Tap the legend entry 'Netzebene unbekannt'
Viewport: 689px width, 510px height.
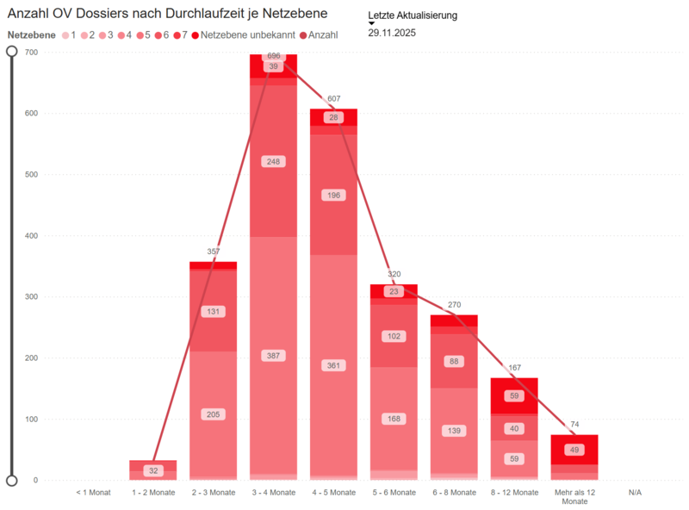point(245,35)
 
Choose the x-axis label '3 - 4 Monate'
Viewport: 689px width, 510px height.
point(274,493)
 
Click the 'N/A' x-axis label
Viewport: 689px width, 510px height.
point(635,493)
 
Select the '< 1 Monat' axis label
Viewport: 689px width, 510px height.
point(93,493)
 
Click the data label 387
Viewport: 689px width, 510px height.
point(274,356)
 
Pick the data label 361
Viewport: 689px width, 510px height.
point(334,365)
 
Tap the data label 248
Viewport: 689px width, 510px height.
point(274,161)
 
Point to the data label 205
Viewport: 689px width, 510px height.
point(214,414)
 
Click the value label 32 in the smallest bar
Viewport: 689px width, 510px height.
point(153,471)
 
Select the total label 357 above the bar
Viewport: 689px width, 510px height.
point(214,252)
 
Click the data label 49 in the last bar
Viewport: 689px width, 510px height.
point(574,450)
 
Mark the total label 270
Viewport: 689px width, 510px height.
point(455,305)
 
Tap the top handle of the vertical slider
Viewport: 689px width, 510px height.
point(12,52)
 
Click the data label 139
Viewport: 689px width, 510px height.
point(455,431)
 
